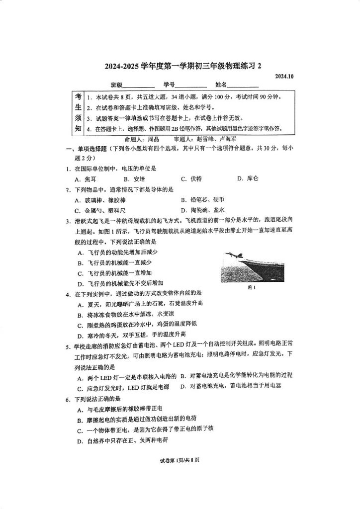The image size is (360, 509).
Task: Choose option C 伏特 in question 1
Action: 191,178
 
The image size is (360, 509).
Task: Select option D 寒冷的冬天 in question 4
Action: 131,334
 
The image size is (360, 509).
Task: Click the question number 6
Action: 68,399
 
